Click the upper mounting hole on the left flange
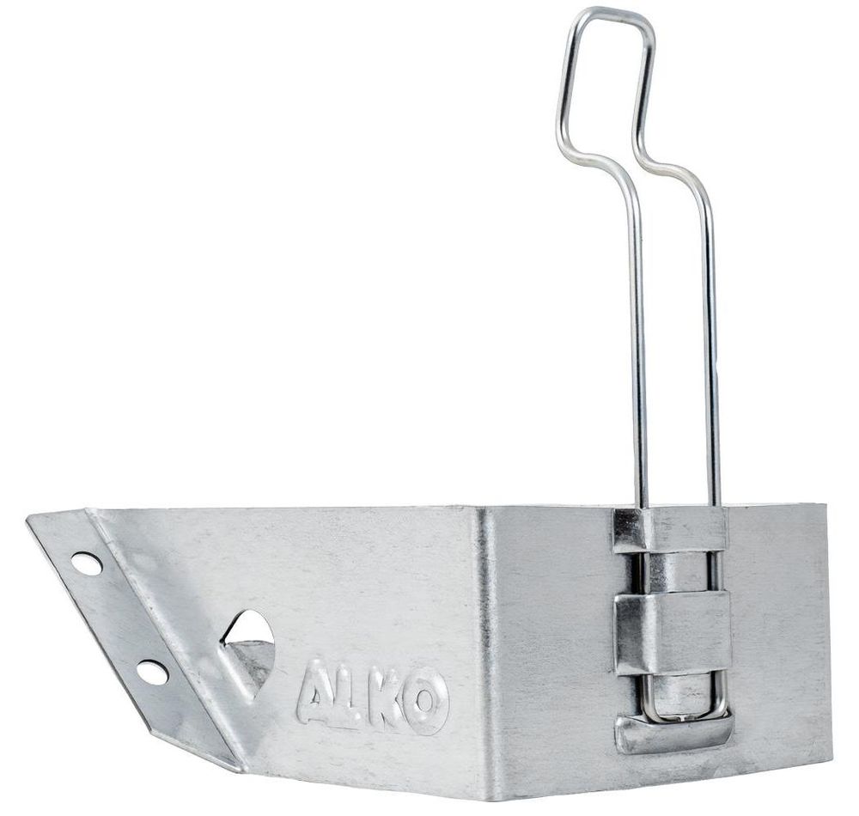tap(87, 563)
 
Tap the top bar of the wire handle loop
tap(609, 12)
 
